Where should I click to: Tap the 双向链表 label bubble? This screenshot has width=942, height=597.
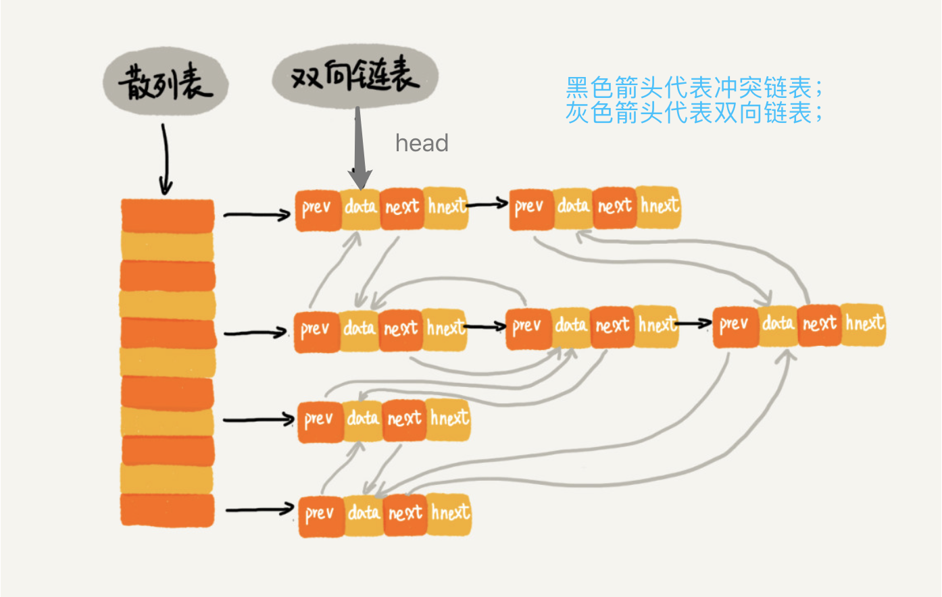(x=355, y=78)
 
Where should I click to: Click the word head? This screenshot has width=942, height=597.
(x=422, y=143)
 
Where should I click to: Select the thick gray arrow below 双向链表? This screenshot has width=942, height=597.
(x=359, y=149)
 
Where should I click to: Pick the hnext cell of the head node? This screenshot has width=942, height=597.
(x=447, y=207)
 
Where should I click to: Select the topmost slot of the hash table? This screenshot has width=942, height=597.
(x=168, y=215)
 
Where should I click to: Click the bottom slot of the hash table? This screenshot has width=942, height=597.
(x=168, y=510)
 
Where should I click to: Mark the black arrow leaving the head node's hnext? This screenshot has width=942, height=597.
(x=488, y=203)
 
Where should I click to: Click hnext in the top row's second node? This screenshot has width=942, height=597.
(x=659, y=205)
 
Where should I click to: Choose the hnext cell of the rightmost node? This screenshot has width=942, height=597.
(x=864, y=323)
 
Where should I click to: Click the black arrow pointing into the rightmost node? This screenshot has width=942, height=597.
(x=694, y=323)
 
